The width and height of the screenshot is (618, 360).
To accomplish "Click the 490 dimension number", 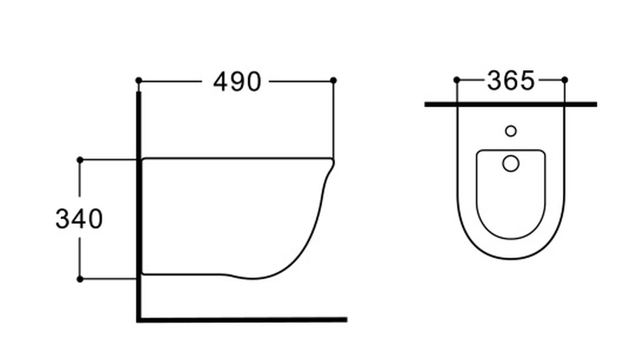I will pos(237,81).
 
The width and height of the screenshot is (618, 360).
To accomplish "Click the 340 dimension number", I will pos(79,219).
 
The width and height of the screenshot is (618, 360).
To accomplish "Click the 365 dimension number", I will pos(510,81).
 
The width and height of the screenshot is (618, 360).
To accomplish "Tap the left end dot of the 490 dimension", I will pos(139,80).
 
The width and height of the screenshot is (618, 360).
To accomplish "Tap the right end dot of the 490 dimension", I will pos(333,80).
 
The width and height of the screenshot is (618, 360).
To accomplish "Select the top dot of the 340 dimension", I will pos(80,160).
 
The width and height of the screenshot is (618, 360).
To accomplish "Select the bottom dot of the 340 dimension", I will pos(80,279).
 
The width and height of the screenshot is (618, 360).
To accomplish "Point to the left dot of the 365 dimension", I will pos(456,80).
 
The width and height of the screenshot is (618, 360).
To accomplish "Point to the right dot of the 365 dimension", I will pos(564,80).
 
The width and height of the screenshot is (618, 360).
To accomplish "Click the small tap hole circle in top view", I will pos(511,131).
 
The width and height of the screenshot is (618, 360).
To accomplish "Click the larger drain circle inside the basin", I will pos(511,163).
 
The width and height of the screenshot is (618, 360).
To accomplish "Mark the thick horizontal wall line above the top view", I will pos(510,105).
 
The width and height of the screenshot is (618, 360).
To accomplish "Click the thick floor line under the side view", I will pos(242,320).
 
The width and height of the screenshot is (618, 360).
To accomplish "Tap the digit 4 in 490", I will pos(221,81).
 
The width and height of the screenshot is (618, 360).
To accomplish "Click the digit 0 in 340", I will pos(95,219).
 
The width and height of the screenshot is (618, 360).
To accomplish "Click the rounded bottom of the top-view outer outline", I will pos(511,258).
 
